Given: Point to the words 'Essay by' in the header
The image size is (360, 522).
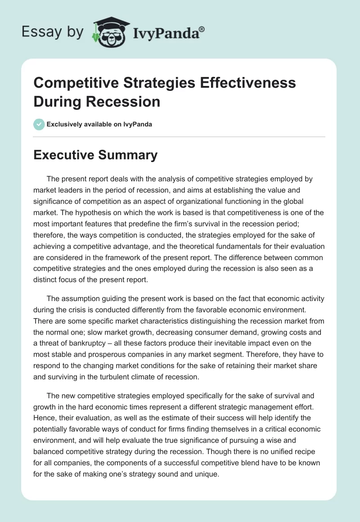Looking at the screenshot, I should point(53,31).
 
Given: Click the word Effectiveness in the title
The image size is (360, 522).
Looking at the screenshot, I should point(243,83).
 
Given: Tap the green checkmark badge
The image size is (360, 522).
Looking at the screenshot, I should point(39,124).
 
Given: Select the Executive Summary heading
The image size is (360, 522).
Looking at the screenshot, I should point(95,155).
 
